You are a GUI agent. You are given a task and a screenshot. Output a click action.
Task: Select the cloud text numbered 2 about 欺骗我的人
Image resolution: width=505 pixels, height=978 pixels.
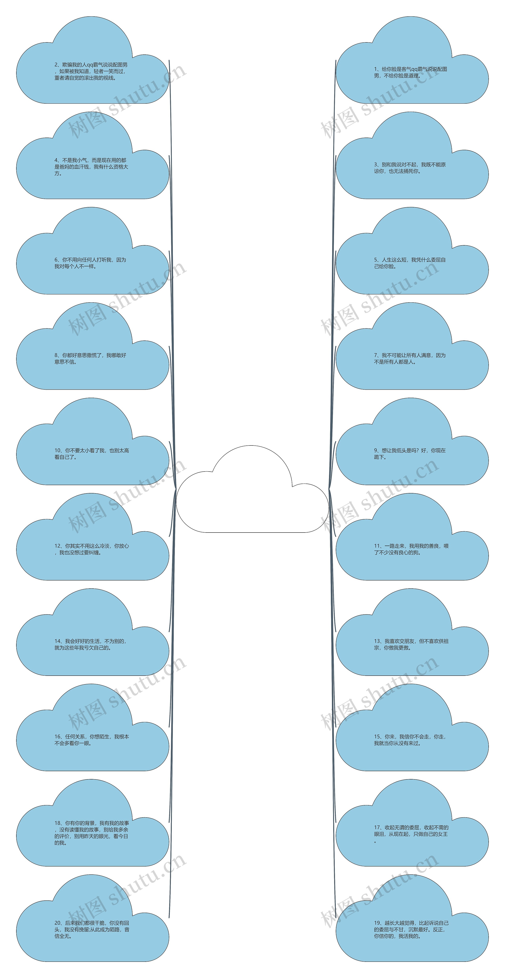click(91, 71)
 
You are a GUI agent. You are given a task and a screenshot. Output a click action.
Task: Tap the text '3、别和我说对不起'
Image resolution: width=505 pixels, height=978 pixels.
click(410, 168)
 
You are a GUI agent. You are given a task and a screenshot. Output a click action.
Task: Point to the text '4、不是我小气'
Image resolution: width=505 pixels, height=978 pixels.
click(91, 167)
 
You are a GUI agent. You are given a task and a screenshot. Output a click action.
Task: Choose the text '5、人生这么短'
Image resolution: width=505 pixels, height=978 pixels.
click(410, 263)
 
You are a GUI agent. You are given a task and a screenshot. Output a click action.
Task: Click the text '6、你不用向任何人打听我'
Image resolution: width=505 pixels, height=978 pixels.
click(90, 263)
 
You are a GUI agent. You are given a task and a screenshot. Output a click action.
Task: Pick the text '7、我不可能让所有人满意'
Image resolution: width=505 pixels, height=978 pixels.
click(410, 358)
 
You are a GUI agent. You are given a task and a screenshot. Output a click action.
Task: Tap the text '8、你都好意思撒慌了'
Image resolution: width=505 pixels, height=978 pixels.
click(90, 358)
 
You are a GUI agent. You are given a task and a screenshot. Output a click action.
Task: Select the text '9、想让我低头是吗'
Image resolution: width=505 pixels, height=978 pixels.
click(410, 454)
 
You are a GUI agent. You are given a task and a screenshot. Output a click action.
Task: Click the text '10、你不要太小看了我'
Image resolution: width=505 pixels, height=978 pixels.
click(92, 454)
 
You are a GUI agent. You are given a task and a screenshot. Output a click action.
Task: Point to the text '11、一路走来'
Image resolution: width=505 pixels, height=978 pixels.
click(411, 549)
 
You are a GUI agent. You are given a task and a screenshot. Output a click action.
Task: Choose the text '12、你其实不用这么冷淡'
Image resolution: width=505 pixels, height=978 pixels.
click(92, 549)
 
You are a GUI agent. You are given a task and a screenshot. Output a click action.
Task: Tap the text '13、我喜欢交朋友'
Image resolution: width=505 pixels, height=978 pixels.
click(411, 644)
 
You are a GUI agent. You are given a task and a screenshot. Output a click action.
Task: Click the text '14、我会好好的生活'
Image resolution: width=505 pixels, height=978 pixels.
click(90, 644)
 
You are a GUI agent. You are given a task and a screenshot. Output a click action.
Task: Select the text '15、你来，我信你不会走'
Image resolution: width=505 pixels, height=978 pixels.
click(410, 740)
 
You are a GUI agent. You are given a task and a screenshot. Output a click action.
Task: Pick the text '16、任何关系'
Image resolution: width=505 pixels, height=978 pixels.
click(92, 740)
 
